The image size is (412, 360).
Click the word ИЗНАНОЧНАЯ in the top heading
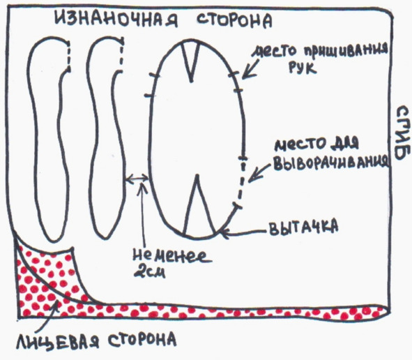tap(116, 19)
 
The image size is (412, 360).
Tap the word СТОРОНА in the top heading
tap(234, 20)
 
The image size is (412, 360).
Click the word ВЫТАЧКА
tap(303, 226)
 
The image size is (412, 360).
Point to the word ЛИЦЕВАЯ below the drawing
tap(57, 341)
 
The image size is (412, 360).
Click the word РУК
tap(303, 68)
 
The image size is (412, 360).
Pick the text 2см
tap(149, 272)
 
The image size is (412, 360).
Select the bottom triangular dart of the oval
tap(199, 205)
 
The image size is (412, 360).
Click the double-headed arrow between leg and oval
tap(137, 179)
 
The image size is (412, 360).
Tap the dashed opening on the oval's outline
tap(241, 182)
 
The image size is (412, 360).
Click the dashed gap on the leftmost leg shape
tap(68, 56)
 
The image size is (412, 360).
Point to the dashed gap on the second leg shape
tap(121, 54)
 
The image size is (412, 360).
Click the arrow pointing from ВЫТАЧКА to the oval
tap(243, 232)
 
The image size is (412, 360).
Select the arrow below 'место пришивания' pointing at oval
tap(250, 69)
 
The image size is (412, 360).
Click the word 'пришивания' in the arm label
tap(346, 50)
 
